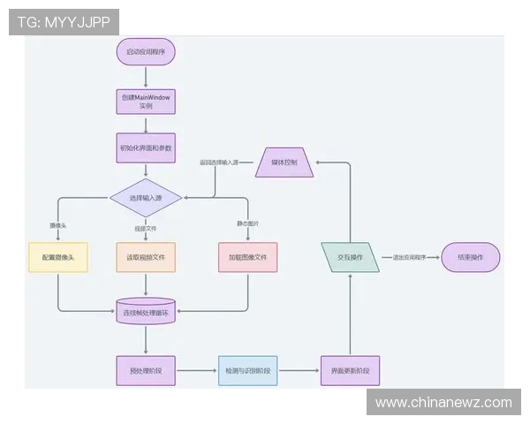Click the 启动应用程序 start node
[146, 52]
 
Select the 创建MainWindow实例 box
[146, 101]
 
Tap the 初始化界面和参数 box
[146, 148]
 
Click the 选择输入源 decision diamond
[146, 198]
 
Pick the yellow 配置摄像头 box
[58, 257]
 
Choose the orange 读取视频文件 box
[146, 257]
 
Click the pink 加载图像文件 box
[248, 257]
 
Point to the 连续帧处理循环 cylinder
[146, 311]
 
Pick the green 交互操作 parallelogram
[350, 257]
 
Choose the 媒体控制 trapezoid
[284, 162]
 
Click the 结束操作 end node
[471, 257]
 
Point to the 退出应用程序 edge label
[409, 257]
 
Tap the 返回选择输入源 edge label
[221, 163]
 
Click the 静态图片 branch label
[248, 223]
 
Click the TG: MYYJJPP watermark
[64, 22]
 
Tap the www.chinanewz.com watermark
[443, 403]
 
